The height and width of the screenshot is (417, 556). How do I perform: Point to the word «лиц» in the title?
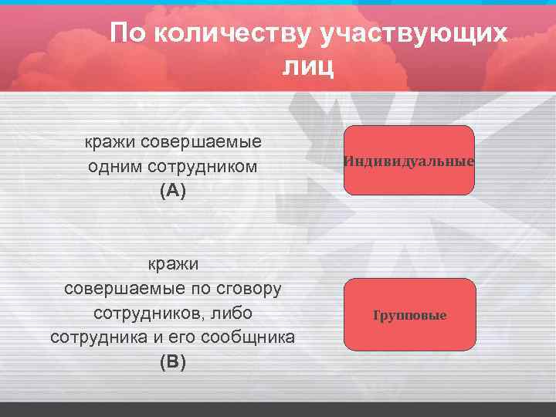click(309, 67)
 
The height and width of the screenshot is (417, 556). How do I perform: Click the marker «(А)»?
click(173, 192)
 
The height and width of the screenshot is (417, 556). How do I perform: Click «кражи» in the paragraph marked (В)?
click(173, 264)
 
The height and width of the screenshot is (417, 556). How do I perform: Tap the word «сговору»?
click(249, 289)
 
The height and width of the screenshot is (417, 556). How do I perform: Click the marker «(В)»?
click(173, 362)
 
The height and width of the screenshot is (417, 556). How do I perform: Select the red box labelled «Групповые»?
click(410, 314)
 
